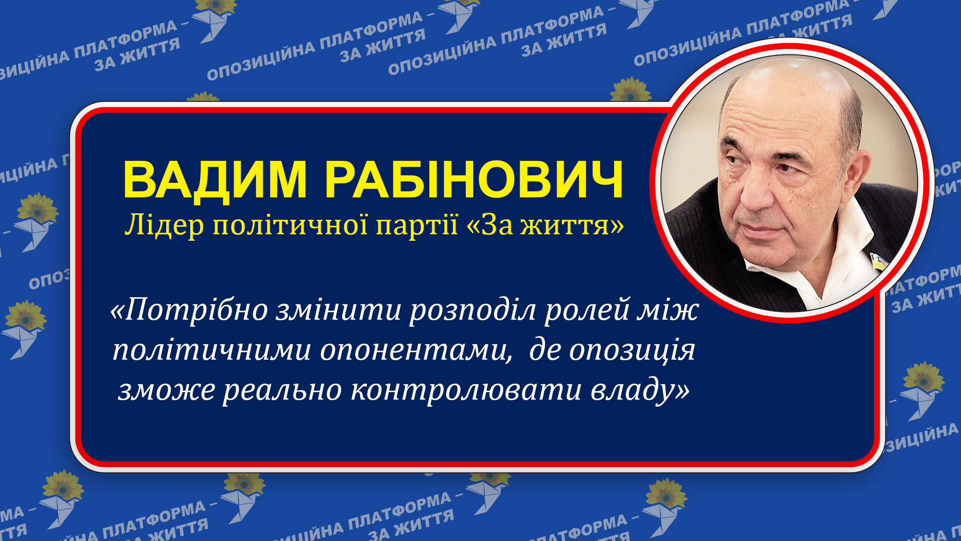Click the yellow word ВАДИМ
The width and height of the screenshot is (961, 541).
tap(215, 180)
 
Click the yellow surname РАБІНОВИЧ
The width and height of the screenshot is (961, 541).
tap(474, 180)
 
